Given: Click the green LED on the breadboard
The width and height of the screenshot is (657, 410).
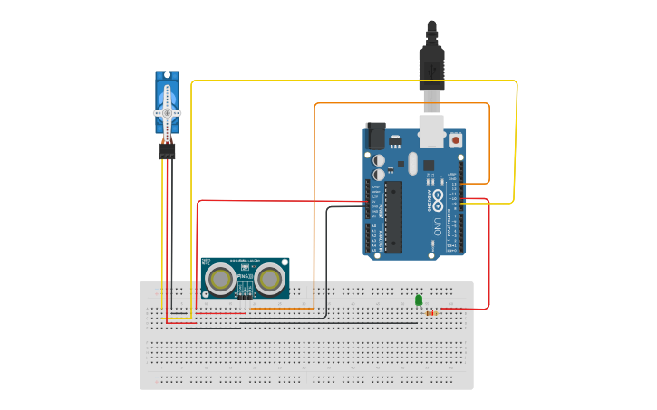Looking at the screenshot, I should click(x=419, y=300).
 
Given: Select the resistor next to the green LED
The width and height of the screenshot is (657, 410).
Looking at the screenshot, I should click(x=430, y=314).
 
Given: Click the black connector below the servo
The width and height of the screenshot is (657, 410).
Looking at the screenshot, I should click(x=168, y=151).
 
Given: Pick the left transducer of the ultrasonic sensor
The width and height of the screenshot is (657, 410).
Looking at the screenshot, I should click(x=219, y=279).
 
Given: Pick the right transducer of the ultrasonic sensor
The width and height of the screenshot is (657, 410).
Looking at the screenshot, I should click(x=269, y=279).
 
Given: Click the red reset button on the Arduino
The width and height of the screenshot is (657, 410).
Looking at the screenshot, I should click(x=455, y=140).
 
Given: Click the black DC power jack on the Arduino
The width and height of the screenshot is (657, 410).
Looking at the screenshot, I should click(x=374, y=136).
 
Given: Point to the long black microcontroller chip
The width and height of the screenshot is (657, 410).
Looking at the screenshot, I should click(x=393, y=217).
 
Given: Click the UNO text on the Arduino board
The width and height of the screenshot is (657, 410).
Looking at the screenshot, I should click(x=437, y=222).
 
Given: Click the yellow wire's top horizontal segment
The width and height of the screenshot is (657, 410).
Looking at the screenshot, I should click(x=353, y=81).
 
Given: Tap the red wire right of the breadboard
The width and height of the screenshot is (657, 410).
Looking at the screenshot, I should click(x=488, y=253).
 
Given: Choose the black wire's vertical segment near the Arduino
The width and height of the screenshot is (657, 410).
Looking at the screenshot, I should click(x=326, y=262).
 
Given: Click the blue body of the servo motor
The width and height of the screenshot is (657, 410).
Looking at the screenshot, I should click(x=168, y=86).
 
